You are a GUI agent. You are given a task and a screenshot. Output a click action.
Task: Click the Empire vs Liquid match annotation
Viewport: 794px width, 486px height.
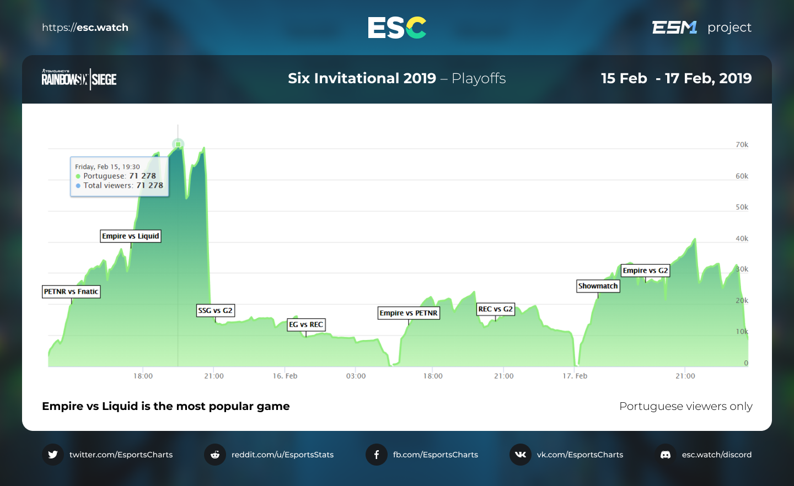(x=131, y=236)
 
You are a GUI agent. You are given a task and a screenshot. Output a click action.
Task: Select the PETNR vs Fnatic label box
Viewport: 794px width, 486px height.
(x=71, y=291)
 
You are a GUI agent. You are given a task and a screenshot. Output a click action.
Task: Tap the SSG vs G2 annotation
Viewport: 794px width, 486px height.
(x=216, y=311)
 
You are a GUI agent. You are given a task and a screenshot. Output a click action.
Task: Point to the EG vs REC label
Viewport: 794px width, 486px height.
(x=306, y=325)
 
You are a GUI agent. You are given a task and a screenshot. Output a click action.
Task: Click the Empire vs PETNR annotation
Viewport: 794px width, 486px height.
(x=409, y=313)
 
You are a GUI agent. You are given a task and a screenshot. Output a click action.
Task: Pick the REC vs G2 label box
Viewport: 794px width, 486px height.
(x=495, y=309)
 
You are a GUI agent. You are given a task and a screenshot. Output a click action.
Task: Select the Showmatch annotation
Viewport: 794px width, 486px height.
(x=598, y=286)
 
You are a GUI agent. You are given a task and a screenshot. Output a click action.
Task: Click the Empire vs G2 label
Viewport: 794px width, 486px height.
(x=645, y=271)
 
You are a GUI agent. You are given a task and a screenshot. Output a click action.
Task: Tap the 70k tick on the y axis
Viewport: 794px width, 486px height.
(x=742, y=145)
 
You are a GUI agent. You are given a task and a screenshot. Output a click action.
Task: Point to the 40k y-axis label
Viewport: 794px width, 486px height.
(x=742, y=239)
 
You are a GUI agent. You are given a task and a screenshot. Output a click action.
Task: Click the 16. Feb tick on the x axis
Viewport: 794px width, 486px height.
(x=285, y=376)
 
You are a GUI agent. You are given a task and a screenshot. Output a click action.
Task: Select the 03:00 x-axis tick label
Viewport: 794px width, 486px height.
(x=356, y=376)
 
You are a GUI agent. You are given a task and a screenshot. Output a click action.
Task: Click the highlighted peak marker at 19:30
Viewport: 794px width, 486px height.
(x=178, y=144)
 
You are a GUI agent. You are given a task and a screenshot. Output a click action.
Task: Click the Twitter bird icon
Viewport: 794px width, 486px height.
(x=53, y=455)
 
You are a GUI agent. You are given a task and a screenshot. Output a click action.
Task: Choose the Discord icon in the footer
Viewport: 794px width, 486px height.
(x=666, y=455)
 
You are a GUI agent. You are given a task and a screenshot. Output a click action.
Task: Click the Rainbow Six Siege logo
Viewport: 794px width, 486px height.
(x=79, y=79)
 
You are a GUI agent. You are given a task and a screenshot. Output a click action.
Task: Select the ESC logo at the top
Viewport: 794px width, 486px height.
(x=397, y=28)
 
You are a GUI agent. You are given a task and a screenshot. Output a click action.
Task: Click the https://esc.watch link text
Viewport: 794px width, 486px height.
(x=85, y=28)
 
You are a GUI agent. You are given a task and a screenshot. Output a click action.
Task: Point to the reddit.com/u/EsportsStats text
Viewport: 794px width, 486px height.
(x=282, y=455)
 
